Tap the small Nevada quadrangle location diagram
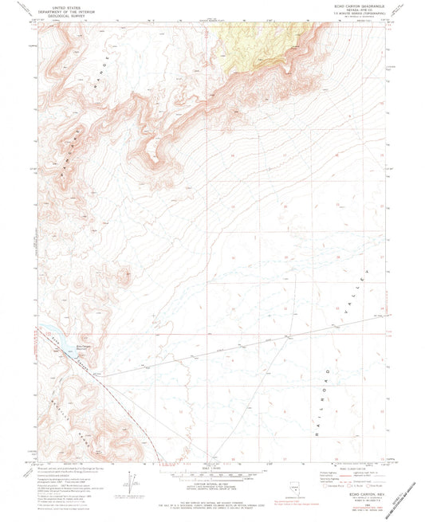pos(280,484)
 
